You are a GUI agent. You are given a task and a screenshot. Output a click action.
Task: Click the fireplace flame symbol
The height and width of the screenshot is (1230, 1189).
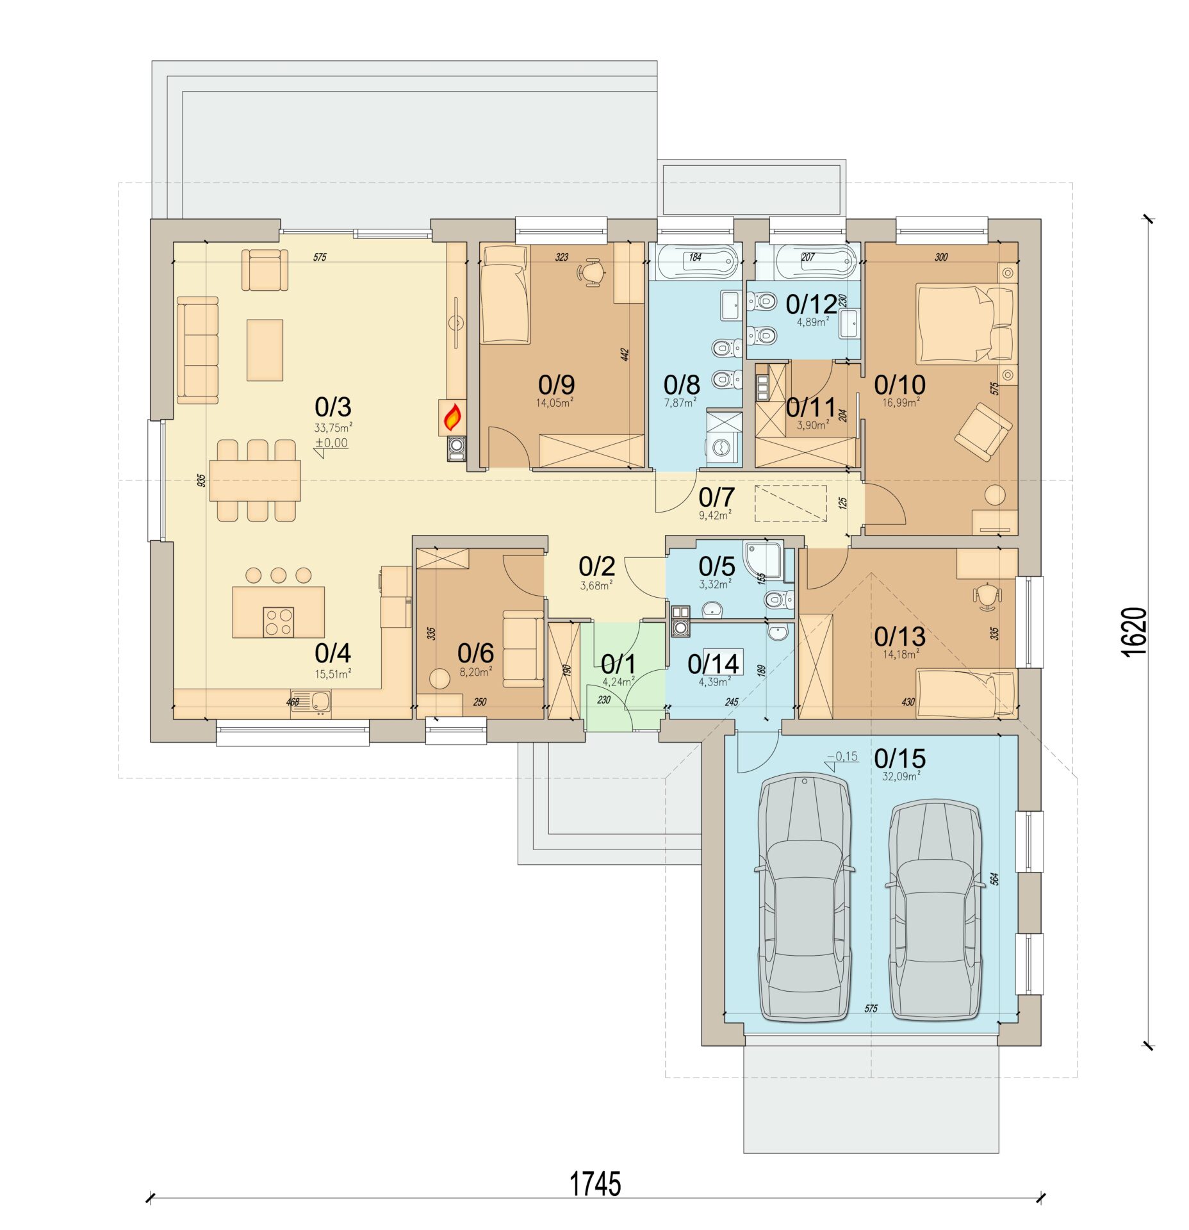[453, 418]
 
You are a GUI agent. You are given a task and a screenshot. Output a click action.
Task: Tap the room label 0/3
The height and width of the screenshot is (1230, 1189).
[333, 407]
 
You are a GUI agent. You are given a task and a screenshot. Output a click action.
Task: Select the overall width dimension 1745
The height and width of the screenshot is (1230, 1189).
[595, 1185]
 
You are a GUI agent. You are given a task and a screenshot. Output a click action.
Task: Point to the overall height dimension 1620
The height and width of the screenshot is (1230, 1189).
[1135, 630]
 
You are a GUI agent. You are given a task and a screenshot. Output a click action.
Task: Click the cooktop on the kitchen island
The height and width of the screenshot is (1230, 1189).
[279, 622]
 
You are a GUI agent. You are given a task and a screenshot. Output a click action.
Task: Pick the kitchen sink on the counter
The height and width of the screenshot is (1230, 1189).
[311, 703]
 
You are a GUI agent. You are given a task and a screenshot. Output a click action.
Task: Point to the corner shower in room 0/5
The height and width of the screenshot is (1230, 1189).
[763, 559]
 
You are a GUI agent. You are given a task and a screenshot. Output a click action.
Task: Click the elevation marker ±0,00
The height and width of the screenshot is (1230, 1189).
[332, 443]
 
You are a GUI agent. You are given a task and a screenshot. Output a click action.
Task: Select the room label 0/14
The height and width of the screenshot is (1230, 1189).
[713, 664]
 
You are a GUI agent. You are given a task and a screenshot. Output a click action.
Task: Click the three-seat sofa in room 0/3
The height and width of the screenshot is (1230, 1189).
[197, 350]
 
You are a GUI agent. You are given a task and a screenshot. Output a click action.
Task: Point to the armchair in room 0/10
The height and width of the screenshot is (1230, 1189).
[983, 431]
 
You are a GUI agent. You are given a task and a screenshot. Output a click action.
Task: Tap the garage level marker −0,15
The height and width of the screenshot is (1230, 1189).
[842, 757]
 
